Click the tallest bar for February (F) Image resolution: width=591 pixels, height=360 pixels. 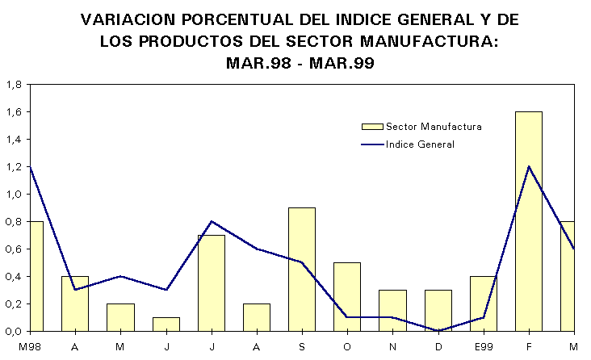[x=529, y=221]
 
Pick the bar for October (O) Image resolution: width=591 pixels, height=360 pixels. [x=347, y=296]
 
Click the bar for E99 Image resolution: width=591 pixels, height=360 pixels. [x=484, y=303]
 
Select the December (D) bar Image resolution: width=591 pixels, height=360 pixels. [x=438, y=310]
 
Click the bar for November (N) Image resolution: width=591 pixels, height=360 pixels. [x=393, y=310]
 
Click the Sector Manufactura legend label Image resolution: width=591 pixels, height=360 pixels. [x=434, y=127]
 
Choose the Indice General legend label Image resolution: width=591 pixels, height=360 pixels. [x=420, y=144]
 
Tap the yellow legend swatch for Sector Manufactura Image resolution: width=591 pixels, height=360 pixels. [x=371, y=127]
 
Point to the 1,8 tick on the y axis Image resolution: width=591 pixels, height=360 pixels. [x=13, y=84]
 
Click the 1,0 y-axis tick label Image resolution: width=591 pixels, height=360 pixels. [x=13, y=194]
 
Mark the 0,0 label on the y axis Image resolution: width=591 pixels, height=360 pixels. [x=13, y=331]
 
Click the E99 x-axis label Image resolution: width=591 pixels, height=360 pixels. [x=484, y=347]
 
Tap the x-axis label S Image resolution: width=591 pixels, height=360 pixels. [x=302, y=347]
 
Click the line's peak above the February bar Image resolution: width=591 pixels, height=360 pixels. [x=529, y=166]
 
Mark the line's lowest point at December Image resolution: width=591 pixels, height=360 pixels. [x=438, y=330]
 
